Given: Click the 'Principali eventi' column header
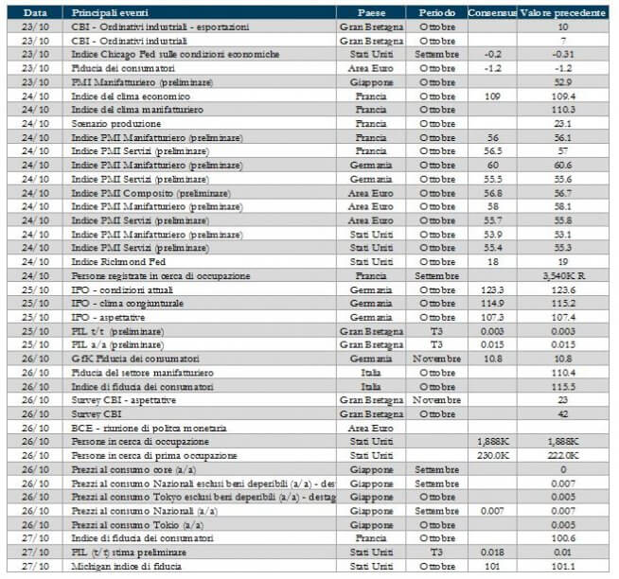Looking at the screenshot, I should coord(105,13).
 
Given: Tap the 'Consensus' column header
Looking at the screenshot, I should coord(491,13).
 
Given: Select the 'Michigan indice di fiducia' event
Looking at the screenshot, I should coord(129,566).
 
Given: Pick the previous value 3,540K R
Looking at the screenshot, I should coord(564,275).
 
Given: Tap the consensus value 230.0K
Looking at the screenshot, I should coord(491,455).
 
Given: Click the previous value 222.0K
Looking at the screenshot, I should coord(564,455).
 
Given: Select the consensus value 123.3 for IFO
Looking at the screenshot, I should coord(491,289).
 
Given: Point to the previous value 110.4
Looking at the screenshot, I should coord(564,373).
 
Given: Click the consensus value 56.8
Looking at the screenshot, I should coord(491,192).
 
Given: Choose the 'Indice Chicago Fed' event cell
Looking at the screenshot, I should coord(175,55).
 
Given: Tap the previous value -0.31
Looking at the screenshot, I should coord(564,55).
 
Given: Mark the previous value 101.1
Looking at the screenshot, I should coord(564,566).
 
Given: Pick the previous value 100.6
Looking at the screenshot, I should coord(564,538).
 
